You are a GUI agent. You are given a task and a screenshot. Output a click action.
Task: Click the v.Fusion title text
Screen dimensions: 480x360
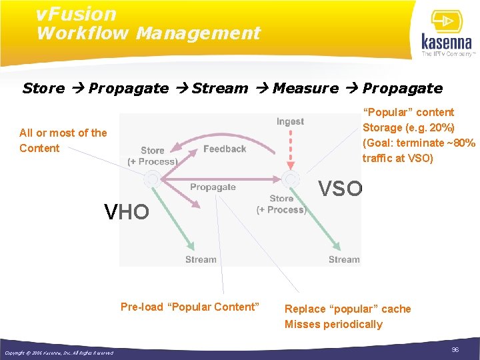(76, 13)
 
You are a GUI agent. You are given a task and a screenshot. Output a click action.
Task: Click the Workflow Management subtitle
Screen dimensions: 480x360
(148, 33)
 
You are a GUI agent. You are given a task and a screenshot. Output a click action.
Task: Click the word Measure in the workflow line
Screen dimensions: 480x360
(306, 88)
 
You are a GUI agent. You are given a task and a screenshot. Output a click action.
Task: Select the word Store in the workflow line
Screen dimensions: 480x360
(43, 88)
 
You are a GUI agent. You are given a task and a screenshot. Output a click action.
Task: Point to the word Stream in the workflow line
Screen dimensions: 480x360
(220, 88)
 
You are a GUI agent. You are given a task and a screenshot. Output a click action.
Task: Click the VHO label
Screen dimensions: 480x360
(127, 212)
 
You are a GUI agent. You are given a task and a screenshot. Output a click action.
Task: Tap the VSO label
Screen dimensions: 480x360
(340, 189)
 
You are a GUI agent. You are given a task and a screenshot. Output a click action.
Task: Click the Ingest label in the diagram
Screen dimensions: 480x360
(290, 121)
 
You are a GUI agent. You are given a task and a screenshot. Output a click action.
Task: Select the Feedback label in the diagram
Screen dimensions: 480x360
(225, 149)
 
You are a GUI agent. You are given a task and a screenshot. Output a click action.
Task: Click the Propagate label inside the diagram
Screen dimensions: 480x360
(213, 187)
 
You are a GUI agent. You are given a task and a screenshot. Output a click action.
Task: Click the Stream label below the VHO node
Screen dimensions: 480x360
(201, 259)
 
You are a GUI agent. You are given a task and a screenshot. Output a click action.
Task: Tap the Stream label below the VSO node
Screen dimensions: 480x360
(344, 259)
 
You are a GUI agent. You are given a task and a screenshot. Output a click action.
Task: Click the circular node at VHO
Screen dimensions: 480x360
(152, 179)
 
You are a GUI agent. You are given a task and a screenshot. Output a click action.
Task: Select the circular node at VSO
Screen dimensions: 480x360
(291, 179)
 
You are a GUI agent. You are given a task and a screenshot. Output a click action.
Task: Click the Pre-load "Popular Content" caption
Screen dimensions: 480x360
(189, 307)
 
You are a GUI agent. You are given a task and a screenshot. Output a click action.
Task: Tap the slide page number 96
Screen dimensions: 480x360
(455, 350)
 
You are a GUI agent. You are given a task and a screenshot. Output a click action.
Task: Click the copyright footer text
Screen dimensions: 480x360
(59, 353)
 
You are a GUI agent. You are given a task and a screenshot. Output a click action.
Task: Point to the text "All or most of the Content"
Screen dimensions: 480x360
(63, 140)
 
